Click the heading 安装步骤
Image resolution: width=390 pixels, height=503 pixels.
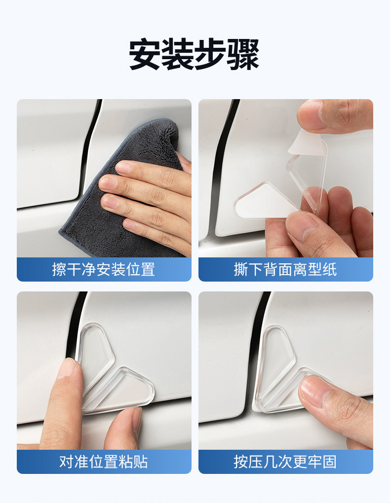tap(194, 54)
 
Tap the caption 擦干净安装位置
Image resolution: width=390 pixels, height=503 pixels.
tap(104, 269)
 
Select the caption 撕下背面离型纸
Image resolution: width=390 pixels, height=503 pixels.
tap(285, 269)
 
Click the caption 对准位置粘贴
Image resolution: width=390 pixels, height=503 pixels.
tap(104, 462)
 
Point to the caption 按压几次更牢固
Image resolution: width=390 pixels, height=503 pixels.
tap(285, 462)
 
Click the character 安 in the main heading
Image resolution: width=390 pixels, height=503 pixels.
tap(145, 55)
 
